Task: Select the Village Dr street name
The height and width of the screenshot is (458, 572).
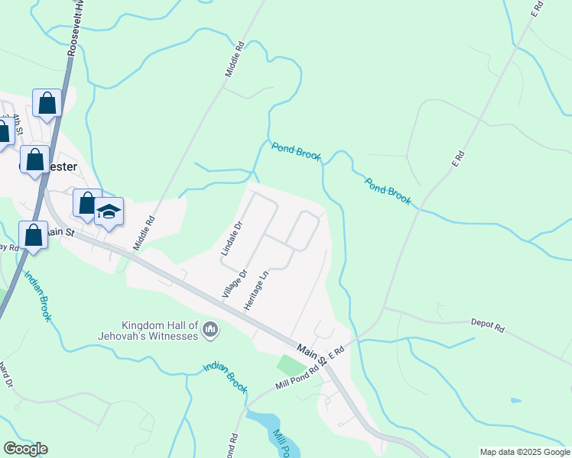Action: click(236, 283)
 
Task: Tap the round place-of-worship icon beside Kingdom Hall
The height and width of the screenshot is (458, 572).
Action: click(211, 331)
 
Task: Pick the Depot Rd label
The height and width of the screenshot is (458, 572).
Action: click(487, 327)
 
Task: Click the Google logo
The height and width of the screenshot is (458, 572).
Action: click(25, 449)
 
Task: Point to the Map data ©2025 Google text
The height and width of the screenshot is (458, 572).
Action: click(525, 452)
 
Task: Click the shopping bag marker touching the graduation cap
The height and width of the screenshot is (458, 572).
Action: click(87, 203)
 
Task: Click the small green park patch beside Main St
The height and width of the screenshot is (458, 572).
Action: click(291, 366)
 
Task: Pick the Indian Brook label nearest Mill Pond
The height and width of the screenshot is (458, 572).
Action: click(226, 378)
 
